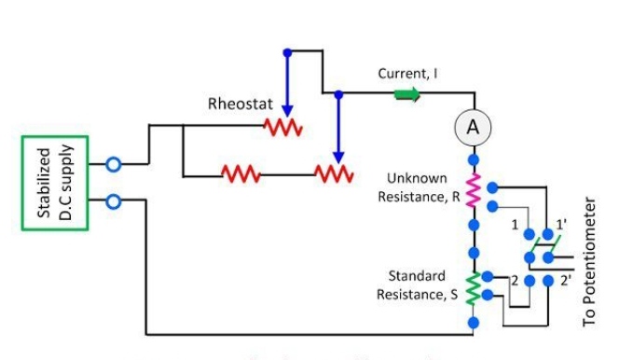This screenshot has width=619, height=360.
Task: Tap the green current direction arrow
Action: [x=407, y=95]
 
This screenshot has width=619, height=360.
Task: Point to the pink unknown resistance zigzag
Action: [x=474, y=190]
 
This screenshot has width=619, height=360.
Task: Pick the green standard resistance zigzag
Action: [x=474, y=288]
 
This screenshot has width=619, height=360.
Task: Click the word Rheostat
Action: [x=240, y=104]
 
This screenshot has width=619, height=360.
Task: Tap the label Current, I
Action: [x=407, y=74]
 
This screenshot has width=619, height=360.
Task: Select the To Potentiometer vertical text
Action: [x=588, y=261]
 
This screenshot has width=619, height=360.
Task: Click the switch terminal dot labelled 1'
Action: [x=548, y=234]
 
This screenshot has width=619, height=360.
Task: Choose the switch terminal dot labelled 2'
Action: [x=548, y=281]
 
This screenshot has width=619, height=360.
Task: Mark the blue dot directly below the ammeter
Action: [x=474, y=159]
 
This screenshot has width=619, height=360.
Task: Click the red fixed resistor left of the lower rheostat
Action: [x=241, y=173]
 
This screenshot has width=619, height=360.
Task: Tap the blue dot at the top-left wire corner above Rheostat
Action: [x=287, y=52]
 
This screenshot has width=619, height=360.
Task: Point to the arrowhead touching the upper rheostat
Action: [x=287, y=111]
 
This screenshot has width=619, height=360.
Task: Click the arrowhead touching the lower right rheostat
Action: [x=338, y=157]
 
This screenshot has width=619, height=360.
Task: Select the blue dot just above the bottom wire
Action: [x=474, y=323]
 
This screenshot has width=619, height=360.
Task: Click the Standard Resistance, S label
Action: [x=418, y=285]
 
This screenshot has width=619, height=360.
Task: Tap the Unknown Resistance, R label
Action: [x=419, y=187]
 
